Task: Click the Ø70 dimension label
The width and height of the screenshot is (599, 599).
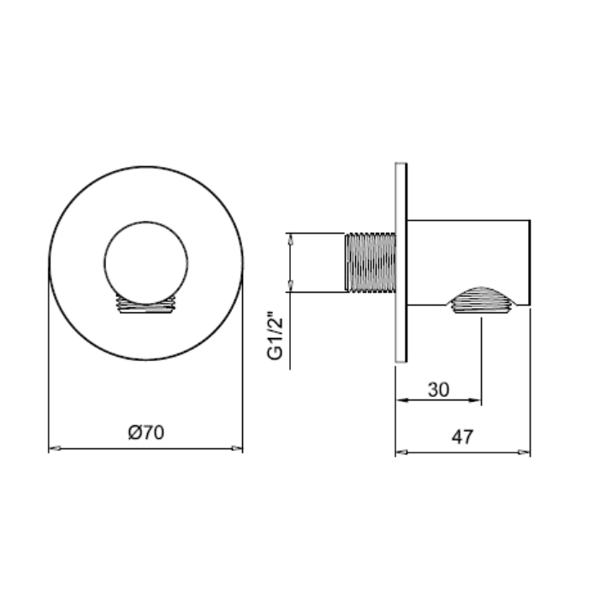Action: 146,432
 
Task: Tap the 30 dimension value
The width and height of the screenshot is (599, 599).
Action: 438,389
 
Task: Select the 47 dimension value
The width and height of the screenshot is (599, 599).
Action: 463,436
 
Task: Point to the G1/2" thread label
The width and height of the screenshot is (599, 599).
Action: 276,335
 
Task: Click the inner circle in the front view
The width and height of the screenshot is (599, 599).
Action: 146,263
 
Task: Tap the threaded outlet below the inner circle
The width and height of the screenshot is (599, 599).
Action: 146,305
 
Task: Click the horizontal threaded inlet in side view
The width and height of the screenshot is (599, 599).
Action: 371,263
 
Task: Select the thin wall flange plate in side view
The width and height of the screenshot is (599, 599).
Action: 401,263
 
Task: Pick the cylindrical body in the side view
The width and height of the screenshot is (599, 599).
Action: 469,263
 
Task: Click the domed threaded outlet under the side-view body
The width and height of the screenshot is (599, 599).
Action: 481,299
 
